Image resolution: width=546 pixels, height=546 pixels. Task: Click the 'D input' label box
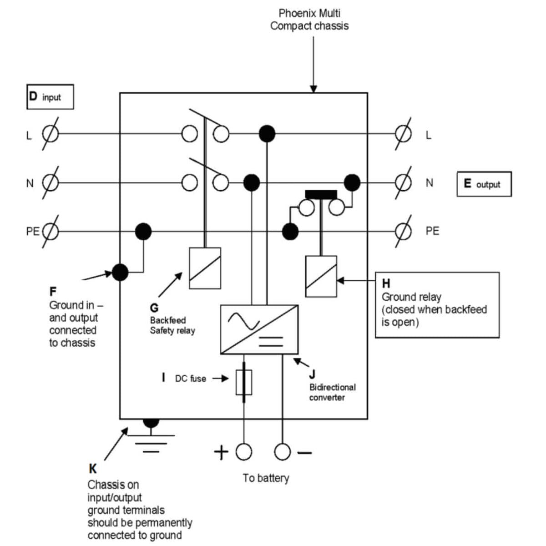click(x=50, y=97)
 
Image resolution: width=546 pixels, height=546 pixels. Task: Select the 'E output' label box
click(x=484, y=184)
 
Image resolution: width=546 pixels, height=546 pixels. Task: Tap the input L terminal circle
click(x=51, y=134)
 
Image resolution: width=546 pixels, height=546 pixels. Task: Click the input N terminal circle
click(x=51, y=183)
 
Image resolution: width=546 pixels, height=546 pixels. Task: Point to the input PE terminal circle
click(x=51, y=232)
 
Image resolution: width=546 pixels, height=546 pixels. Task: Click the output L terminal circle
click(x=403, y=134)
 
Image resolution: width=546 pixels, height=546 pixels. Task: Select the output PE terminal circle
click(x=403, y=232)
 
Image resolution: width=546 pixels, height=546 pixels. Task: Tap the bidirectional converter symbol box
click(x=259, y=329)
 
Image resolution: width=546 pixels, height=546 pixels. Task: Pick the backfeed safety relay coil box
click(x=205, y=268)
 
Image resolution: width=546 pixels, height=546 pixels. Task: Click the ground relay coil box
click(x=321, y=276)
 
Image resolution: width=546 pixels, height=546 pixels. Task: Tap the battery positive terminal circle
click(x=244, y=452)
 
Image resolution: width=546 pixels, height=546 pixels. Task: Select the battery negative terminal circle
click(x=283, y=452)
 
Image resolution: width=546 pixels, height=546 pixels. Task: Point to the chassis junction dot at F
click(x=120, y=272)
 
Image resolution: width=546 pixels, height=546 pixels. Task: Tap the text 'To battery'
click(x=266, y=478)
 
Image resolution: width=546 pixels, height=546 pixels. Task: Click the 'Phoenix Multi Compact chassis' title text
click(x=309, y=20)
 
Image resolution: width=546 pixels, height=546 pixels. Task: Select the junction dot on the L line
click(x=267, y=134)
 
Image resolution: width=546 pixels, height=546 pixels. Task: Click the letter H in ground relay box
click(x=386, y=283)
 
